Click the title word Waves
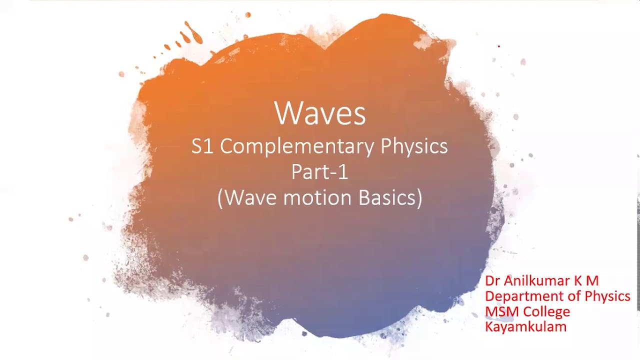[x=320, y=113]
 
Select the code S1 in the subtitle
[x=202, y=146]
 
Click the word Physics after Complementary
[x=414, y=146]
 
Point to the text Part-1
[x=320, y=172]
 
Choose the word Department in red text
[x=522, y=296]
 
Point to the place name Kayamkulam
[x=525, y=327]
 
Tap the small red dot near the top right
[x=499, y=46]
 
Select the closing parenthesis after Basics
[x=419, y=197]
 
